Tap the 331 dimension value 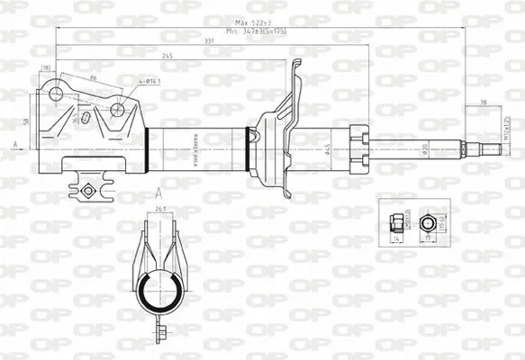pos(208,40)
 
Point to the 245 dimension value pos(168,56)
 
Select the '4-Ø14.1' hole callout pos(149,83)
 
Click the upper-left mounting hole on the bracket pos(56,93)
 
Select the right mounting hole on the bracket pos(117,110)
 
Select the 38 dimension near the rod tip pos(484,102)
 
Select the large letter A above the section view pos(158,193)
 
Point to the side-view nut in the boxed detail pos(395,221)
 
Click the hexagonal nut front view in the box pos(429,221)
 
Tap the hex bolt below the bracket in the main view pos(87,191)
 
